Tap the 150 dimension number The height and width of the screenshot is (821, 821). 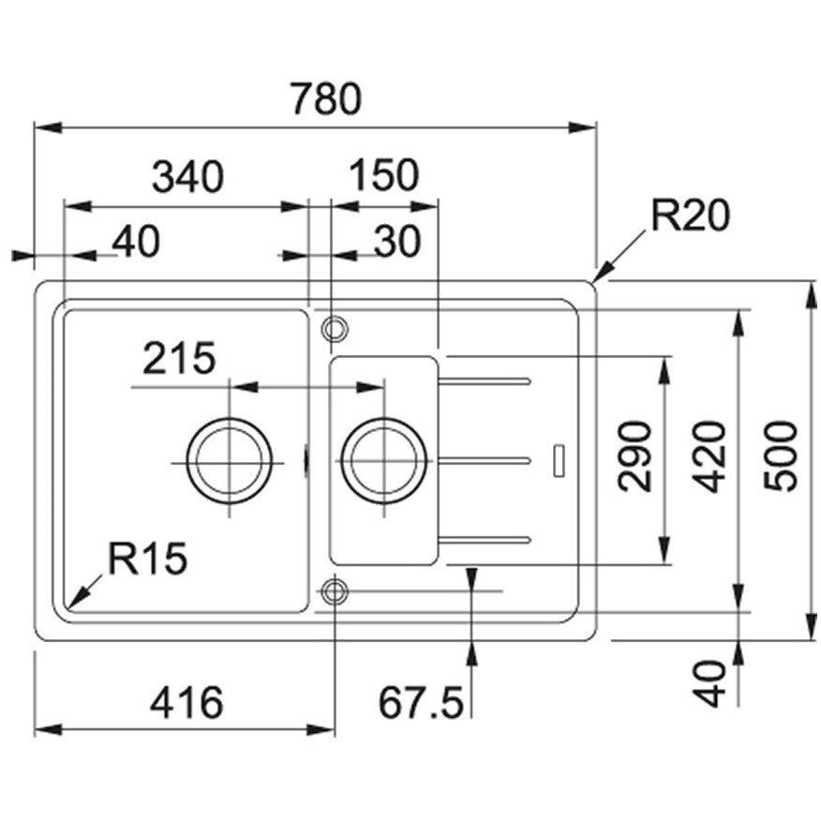(384, 175)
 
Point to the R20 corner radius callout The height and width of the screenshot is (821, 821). (690, 217)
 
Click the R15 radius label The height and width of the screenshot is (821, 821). (147, 560)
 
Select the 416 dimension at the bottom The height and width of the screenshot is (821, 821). (188, 702)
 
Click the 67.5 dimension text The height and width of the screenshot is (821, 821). (421, 702)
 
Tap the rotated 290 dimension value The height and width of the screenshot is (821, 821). (636, 456)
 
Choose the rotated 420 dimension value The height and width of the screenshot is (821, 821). (711, 456)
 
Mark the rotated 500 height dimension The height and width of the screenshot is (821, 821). (781, 456)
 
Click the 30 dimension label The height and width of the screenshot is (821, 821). (397, 243)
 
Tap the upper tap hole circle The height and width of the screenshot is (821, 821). (334, 328)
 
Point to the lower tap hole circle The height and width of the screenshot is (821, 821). (334, 590)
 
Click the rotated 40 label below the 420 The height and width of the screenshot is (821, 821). (713, 683)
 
